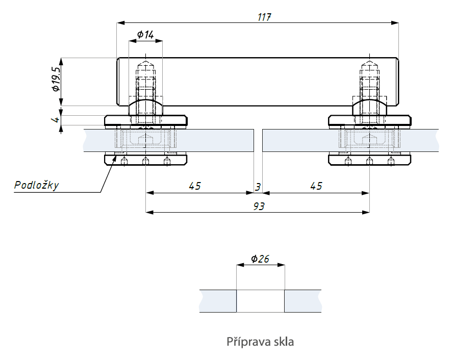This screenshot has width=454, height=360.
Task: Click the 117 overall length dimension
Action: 264,17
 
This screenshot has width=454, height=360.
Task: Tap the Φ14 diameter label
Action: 145,35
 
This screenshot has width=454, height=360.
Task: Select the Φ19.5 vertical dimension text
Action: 56,79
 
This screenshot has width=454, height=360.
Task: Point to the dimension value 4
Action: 56,119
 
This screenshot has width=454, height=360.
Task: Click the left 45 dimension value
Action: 194,186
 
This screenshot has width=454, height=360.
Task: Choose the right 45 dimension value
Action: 316,186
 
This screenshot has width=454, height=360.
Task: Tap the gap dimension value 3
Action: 258,187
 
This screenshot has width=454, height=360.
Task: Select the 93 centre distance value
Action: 259,207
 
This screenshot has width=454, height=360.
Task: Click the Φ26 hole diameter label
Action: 260,259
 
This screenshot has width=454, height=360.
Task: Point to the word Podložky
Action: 37,185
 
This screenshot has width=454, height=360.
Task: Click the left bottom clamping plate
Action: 146,160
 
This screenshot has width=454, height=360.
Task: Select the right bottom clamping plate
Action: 369,160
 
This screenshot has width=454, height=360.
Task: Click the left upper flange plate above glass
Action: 146,120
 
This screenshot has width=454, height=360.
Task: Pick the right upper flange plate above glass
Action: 369,120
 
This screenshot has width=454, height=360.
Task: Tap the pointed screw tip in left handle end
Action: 146,63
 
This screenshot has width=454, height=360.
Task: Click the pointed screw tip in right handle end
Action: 369,63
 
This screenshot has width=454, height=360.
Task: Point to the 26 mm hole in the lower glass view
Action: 260,301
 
